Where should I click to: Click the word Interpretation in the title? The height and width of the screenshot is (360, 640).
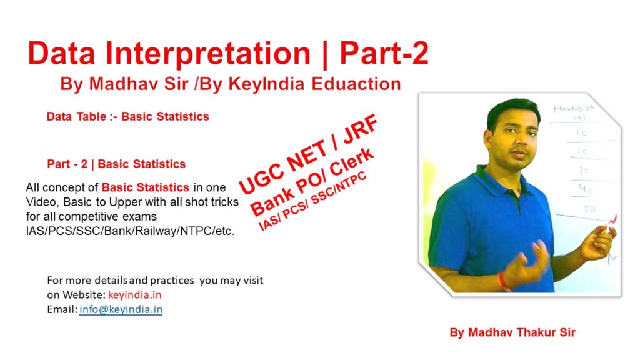pos(208,54)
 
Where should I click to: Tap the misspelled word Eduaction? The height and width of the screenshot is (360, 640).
pos(356,84)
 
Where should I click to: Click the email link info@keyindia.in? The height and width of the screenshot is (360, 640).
pos(121,309)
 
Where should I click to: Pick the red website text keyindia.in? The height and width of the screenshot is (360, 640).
pos(135,295)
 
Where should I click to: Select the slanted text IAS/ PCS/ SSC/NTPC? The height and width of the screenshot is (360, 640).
pos(312,201)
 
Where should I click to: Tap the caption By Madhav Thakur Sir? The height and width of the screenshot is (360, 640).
pos(512,332)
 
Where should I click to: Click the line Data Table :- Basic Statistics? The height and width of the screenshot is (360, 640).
pos(127,116)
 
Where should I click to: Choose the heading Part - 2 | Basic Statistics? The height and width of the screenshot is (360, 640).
pos(116,164)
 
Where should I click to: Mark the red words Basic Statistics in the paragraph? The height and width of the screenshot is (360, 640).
pos(145,187)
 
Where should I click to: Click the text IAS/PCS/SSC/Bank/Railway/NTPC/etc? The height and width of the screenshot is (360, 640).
pos(130,231)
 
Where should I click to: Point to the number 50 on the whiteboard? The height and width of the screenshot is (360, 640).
pos(589,209)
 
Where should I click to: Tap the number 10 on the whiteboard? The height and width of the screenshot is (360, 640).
pos(582,133)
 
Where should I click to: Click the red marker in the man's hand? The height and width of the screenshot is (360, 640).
pos(612,224)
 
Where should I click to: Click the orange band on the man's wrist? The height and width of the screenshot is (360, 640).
pos(504,282)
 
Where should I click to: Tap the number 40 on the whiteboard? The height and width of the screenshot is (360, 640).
pos(586,189)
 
